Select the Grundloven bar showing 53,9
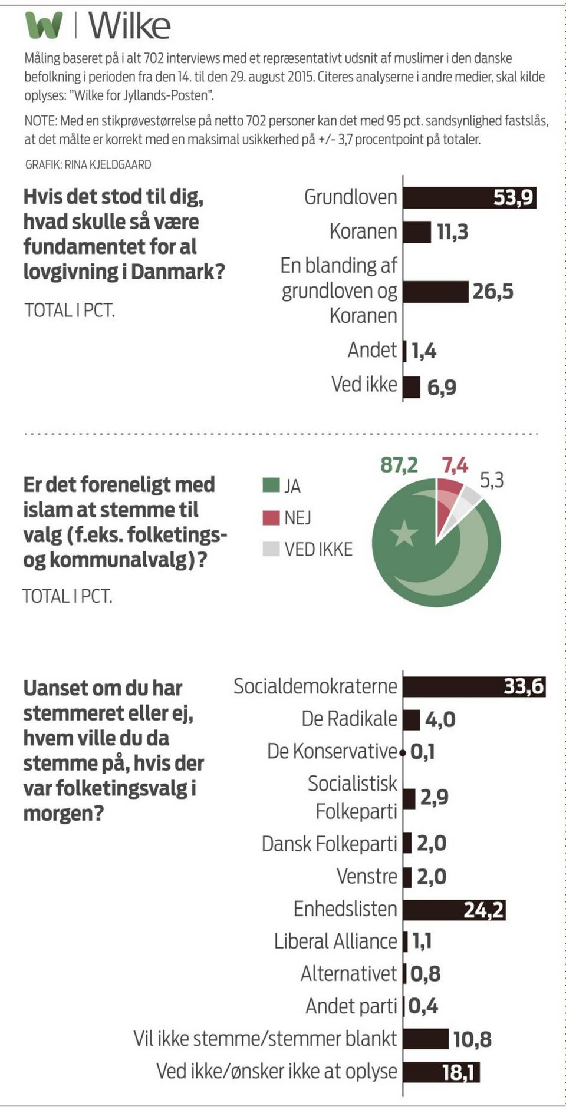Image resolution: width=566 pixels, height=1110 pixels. (x=469, y=197)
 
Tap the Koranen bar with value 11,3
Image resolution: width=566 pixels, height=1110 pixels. (x=417, y=232)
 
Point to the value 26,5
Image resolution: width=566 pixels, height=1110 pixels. (x=492, y=292)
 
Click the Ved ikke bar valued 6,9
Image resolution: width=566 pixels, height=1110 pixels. (x=412, y=387)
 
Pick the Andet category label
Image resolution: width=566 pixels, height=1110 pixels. (x=371, y=350)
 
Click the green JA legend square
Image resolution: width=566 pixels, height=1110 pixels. (x=271, y=485)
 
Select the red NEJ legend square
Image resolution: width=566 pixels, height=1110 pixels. (x=271, y=518)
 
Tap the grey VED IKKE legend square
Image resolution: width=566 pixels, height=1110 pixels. (x=271, y=549)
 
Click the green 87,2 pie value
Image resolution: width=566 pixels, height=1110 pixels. (x=399, y=465)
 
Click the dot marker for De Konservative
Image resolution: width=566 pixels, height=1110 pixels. (x=402, y=752)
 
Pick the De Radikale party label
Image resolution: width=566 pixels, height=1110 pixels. (x=349, y=719)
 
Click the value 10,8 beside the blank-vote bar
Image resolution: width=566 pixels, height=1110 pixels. (x=472, y=1039)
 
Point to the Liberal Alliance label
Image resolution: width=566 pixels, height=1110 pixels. (x=335, y=941)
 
